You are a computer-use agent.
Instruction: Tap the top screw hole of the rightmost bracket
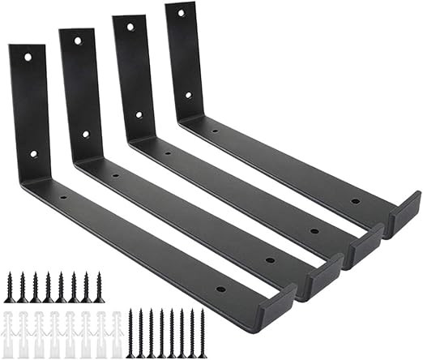[x=181, y=14]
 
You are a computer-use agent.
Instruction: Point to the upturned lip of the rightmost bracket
[x=404, y=216]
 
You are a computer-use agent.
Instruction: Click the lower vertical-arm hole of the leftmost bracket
[x=33, y=153]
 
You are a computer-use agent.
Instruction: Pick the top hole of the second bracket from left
[x=78, y=40]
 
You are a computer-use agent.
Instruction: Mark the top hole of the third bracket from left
[x=128, y=26]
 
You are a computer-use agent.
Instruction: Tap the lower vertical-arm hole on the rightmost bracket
[x=188, y=95]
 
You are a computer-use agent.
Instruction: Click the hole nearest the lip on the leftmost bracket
[x=220, y=289]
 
